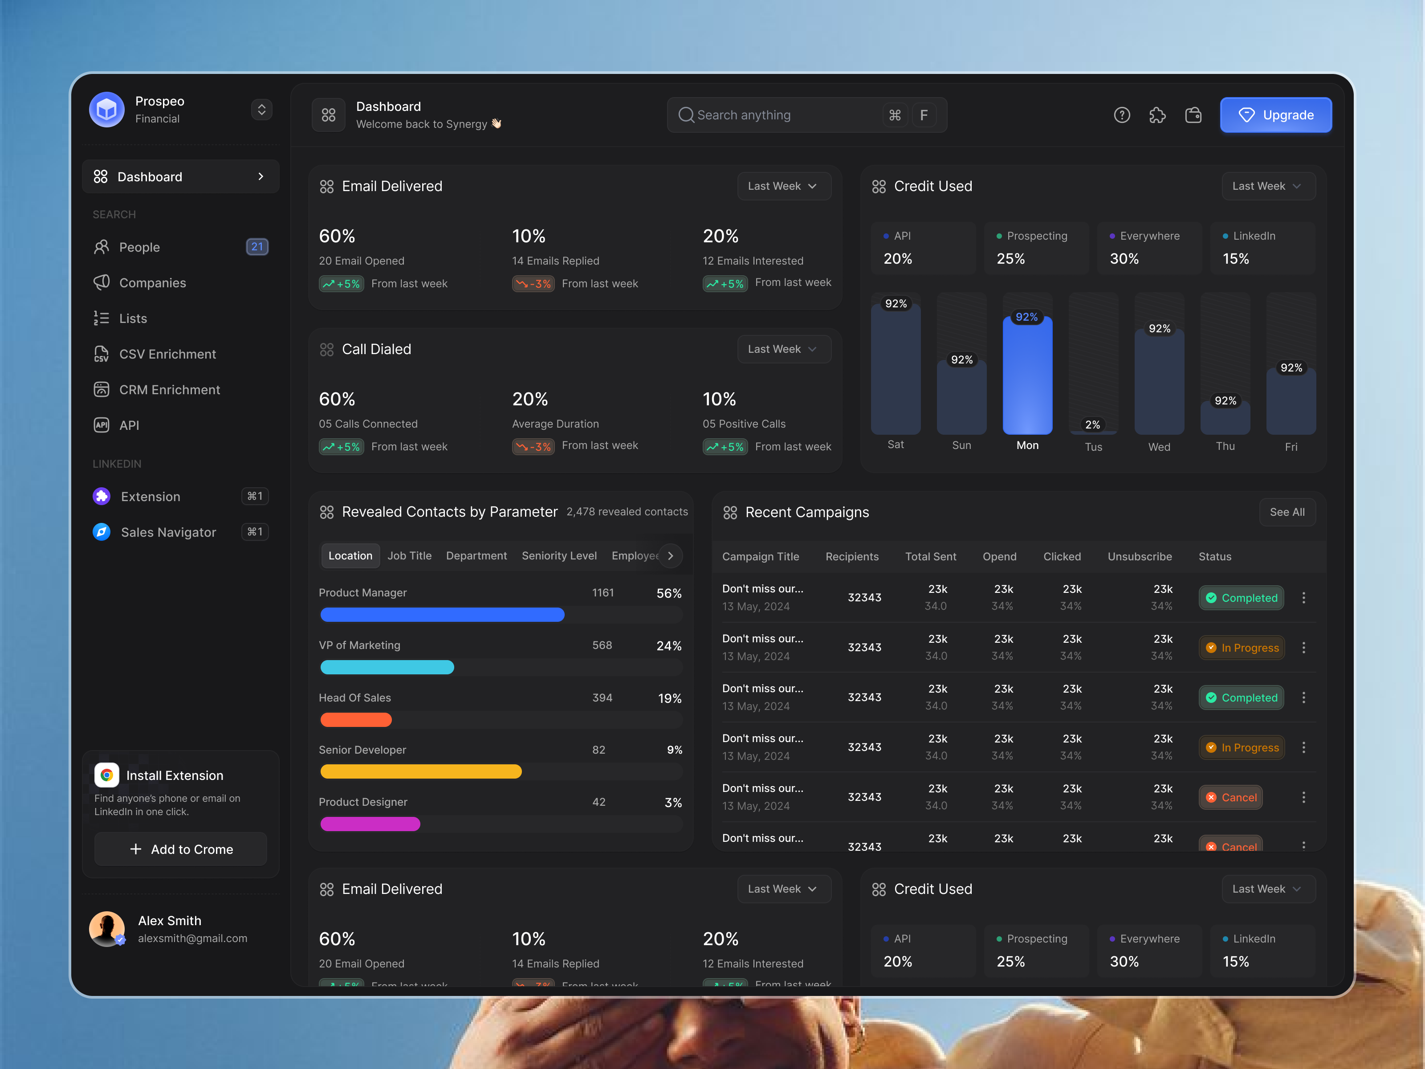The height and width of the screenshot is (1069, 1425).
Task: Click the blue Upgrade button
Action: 1275,115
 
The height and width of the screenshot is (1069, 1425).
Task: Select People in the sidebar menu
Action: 139,248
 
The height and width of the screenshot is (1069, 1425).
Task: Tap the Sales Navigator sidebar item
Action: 168,532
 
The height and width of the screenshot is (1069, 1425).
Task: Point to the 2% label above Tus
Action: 1093,424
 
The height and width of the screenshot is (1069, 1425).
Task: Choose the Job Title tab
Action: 409,555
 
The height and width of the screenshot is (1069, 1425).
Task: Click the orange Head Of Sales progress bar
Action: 356,720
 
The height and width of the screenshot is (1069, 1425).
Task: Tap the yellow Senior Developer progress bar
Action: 421,771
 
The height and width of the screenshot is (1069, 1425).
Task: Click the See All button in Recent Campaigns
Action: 1287,512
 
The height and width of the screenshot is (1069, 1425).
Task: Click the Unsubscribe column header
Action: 1139,557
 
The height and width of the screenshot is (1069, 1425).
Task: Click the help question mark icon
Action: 1122,115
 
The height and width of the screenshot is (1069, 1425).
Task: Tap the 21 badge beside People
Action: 257,247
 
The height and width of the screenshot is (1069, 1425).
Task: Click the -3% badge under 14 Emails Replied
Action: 533,284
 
